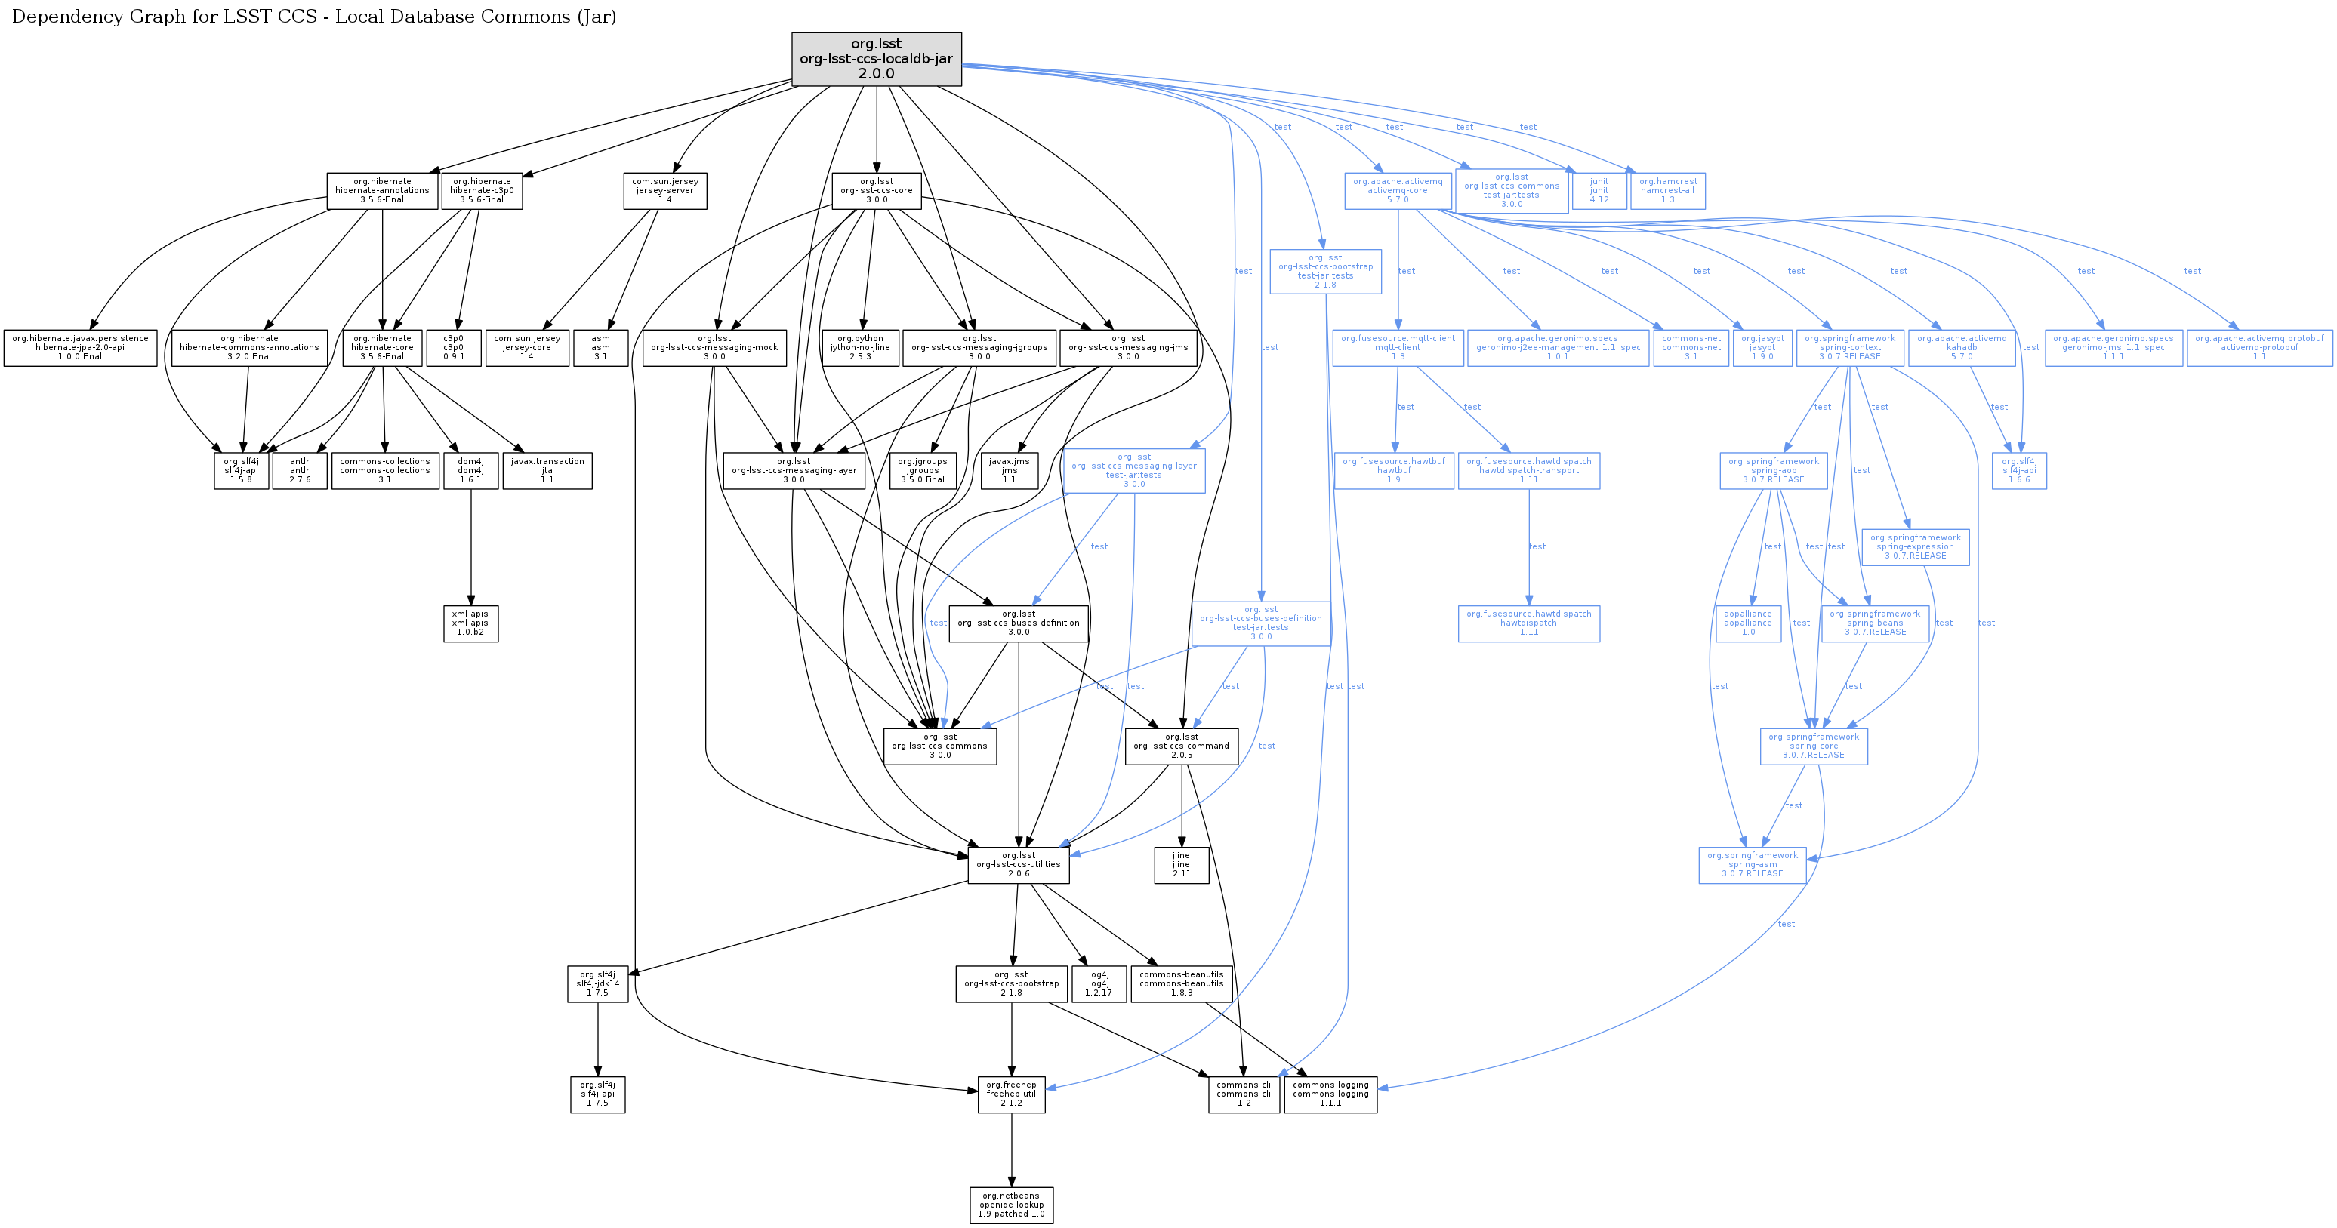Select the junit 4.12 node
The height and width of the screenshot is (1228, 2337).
(1599, 190)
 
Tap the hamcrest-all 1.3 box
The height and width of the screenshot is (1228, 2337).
(1667, 190)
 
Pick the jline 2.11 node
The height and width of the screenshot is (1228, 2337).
(1180, 864)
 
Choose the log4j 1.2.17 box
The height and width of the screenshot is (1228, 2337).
(1099, 983)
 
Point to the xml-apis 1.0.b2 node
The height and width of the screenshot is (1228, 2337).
(470, 623)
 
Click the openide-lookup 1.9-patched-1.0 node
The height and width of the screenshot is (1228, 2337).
(1010, 1205)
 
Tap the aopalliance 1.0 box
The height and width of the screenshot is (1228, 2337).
(1747, 623)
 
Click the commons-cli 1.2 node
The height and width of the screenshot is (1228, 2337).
(1243, 1094)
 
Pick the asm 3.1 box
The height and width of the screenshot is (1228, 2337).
(600, 347)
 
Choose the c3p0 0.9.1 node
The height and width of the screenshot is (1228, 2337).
(454, 347)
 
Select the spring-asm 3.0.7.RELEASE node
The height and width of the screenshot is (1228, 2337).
(1752, 864)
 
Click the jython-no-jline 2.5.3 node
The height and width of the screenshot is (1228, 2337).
(860, 347)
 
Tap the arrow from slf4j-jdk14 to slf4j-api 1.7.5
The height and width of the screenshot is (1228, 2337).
(597, 1039)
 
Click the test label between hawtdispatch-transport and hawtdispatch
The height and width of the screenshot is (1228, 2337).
(1537, 547)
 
